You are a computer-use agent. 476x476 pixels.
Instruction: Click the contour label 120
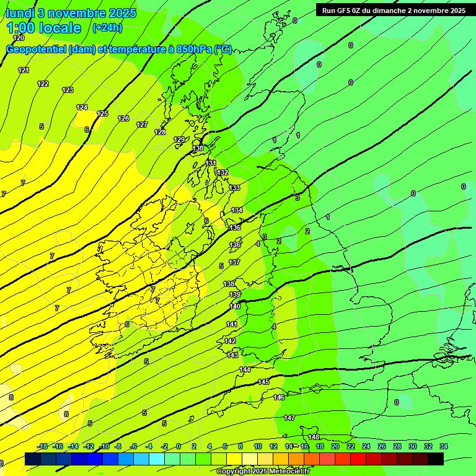(x=19, y=38)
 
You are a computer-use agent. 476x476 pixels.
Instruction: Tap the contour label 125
(x=103, y=113)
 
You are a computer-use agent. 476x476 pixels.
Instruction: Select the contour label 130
(x=198, y=149)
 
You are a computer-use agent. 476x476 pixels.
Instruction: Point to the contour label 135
(x=235, y=228)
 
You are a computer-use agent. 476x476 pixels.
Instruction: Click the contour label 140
(x=235, y=306)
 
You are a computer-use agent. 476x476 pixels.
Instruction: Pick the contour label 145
(x=263, y=382)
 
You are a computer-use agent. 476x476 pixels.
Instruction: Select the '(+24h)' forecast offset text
(x=107, y=28)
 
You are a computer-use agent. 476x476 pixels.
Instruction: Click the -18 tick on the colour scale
(x=43, y=446)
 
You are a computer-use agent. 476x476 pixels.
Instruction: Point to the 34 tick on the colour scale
(x=443, y=446)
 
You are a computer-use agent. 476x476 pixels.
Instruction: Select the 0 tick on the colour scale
(x=178, y=446)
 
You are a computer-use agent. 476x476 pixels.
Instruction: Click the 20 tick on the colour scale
(x=335, y=446)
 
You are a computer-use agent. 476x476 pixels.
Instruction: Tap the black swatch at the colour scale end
(x=435, y=459)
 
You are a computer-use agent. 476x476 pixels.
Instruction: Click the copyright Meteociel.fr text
(x=263, y=472)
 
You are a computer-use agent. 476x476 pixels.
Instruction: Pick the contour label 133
(x=234, y=188)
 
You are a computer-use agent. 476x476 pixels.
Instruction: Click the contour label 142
(x=230, y=342)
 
